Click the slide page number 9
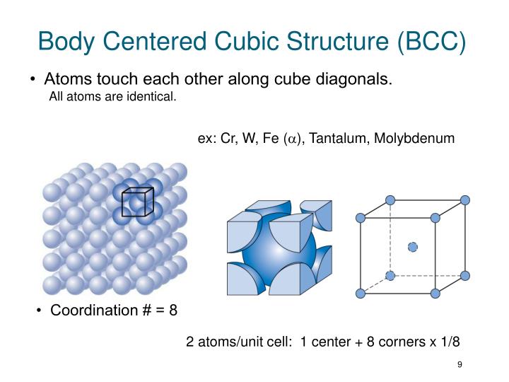pyautogui.click(x=460, y=364)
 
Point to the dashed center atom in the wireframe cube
pyautogui.click(x=413, y=246)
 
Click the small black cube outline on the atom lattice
pyautogui.click(x=137, y=202)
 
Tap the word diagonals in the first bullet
pyautogui.click(x=354, y=79)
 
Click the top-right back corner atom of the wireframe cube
pyautogui.click(x=464, y=199)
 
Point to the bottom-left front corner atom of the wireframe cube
pyautogui.click(x=361, y=293)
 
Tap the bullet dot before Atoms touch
pyautogui.click(x=35, y=80)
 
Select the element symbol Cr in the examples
pyautogui.click(x=228, y=139)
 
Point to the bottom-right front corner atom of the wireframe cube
pyautogui.click(x=435, y=293)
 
